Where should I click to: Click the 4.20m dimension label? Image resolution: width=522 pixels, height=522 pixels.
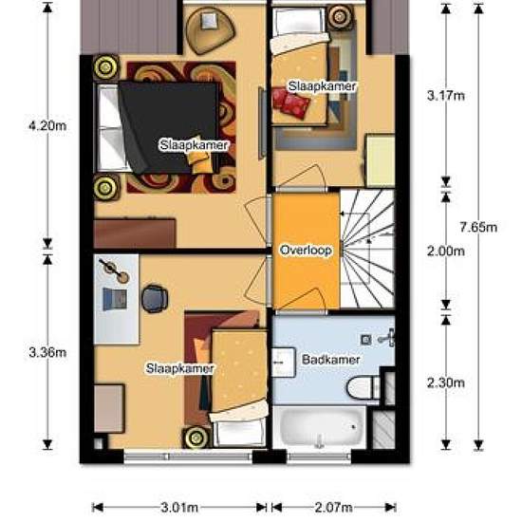pyautogui.click(x=47, y=126)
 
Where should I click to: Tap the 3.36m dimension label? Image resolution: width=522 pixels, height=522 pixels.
pyautogui.click(x=47, y=352)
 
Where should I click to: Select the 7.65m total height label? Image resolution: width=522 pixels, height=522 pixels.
pyautogui.click(x=478, y=228)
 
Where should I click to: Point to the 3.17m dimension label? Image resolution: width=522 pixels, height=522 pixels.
pyautogui.click(x=446, y=96)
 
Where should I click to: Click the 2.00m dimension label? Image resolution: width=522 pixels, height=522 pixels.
pyautogui.click(x=446, y=251)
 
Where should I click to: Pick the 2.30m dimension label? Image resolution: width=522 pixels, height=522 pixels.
pyautogui.click(x=446, y=382)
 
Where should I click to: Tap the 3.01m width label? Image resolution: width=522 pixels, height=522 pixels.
pyautogui.click(x=179, y=508)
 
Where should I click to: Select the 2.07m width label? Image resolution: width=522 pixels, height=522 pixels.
pyautogui.click(x=333, y=508)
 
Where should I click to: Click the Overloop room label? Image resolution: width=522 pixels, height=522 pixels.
pyautogui.click(x=306, y=250)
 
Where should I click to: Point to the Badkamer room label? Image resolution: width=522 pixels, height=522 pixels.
pyautogui.click(x=330, y=360)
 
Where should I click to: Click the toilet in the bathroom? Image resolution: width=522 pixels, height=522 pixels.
pyautogui.click(x=364, y=388)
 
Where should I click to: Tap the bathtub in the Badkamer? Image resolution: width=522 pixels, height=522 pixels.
pyautogui.click(x=319, y=427)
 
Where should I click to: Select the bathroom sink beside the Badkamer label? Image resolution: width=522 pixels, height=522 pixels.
pyautogui.click(x=284, y=363)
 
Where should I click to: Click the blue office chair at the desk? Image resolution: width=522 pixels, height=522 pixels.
pyautogui.click(x=155, y=299)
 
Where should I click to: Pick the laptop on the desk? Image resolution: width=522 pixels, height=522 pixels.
pyautogui.click(x=115, y=299)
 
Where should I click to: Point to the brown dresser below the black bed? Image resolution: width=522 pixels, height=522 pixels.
pyautogui.click(x=135, y=233)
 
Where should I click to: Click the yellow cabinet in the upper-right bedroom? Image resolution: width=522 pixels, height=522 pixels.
pyautogui.click(x=381, y=159)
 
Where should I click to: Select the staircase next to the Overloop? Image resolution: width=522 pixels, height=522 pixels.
pyautogui.click(x=367, y=249)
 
